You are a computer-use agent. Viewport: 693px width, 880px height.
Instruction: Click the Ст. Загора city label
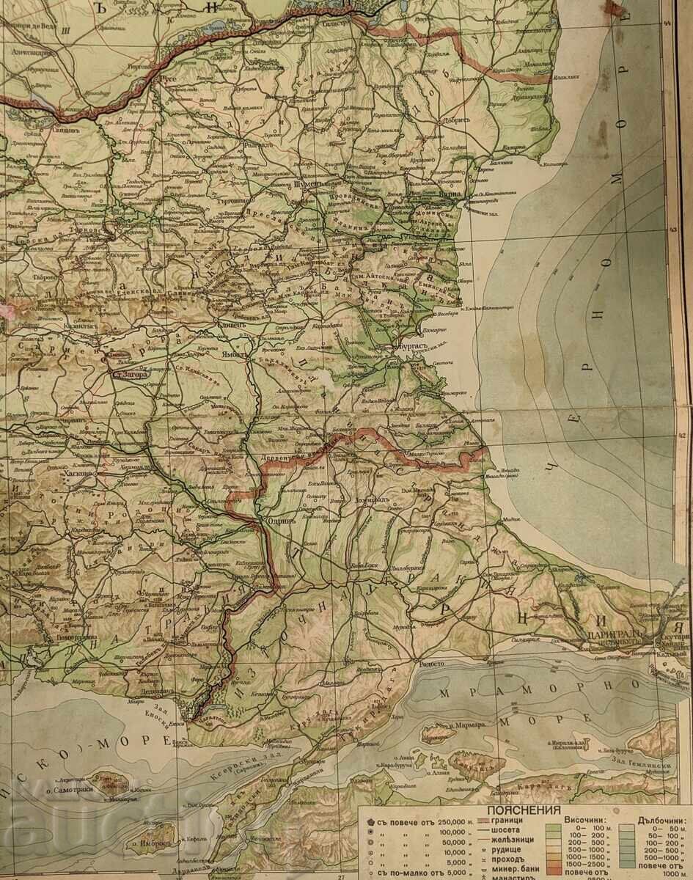(x=128, y=374)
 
